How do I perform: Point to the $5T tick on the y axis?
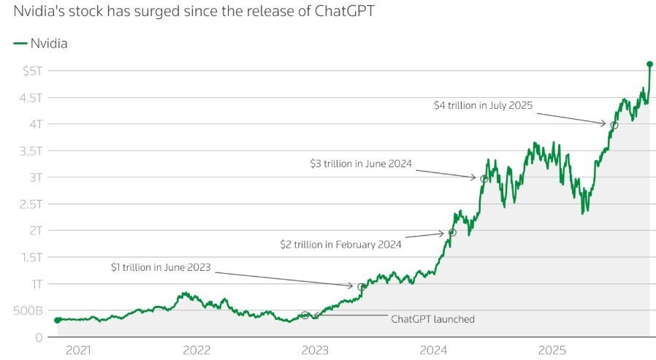(31, 71)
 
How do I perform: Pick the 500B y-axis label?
(26, 310)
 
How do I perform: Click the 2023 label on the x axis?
(315, 351)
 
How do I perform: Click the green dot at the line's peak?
(649, 64)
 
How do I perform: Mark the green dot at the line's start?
(58, 320)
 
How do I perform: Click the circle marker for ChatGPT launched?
(305, 315)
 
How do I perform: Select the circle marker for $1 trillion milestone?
(361, 287)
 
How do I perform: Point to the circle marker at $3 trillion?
(484, 178)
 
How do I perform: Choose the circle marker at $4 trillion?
(614, 125)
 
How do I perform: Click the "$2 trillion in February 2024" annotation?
(340, 245)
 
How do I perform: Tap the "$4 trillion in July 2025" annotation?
(483, 105)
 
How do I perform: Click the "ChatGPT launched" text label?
(432, 319)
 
